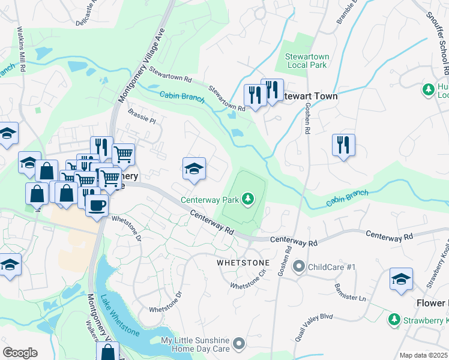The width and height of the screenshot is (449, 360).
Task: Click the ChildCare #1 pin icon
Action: [x=298, y=266]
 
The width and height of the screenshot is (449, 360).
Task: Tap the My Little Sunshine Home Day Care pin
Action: [x=239, y=344]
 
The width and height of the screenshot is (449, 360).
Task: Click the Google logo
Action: [x=20, y=353]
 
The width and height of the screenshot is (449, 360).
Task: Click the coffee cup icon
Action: [x=96, y=205]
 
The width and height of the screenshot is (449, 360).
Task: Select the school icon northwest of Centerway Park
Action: [x=194, y=170]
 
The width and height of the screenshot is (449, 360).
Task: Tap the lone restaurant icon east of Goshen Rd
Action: [x=343, y=145]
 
